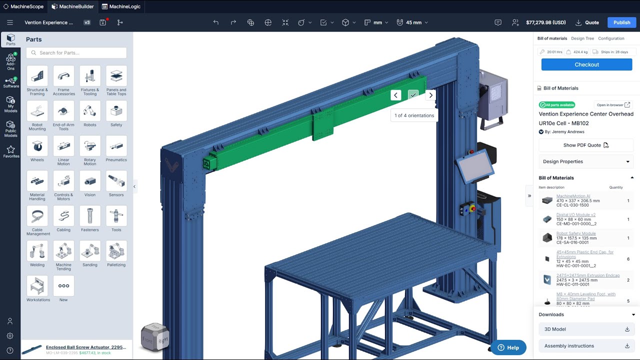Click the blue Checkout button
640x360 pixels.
[586, 64]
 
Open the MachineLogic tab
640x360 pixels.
[121, 6]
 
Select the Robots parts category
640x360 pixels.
[90, 114]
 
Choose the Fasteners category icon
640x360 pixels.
[90, 219]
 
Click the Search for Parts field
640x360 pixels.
[76, 52]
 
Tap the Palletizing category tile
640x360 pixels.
[116, 254]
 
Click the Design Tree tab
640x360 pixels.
[582, 38]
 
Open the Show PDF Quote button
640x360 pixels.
[586, 145]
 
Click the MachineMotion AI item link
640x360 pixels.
[573, 196]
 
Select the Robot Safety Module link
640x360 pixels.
[576, 233]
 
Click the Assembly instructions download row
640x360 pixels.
[586, 345]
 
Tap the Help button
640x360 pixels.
[508, 347]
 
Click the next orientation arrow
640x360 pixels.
[430, 95]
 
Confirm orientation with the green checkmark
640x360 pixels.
[413, 95]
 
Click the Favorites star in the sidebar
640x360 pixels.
[11, 151]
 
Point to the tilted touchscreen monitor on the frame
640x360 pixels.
[473, 166]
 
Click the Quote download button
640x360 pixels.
[587, 22]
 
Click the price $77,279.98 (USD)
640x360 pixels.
[545, 22]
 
